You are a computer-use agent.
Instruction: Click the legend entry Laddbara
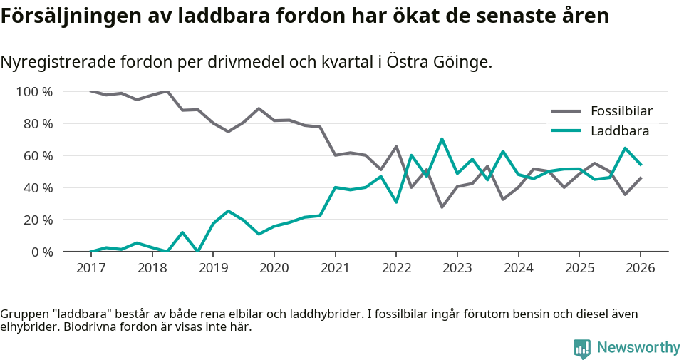tap(619, 131)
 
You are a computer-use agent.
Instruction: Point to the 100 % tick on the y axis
tap(34, 92)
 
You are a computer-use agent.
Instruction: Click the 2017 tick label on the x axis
tap(90, 268)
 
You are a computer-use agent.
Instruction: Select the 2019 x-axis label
tap(213, 268)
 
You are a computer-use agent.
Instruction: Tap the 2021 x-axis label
tap(335, 268)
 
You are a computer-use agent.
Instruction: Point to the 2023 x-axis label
tap(457, 268)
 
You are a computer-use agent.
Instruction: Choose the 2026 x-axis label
tap(640, 268)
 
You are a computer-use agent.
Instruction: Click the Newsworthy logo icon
tap(582, 348)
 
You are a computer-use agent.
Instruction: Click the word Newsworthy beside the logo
tap(638, 348)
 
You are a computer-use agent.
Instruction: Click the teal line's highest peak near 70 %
tap(442, 139)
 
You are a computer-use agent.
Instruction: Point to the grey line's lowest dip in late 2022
tap(442, 207)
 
